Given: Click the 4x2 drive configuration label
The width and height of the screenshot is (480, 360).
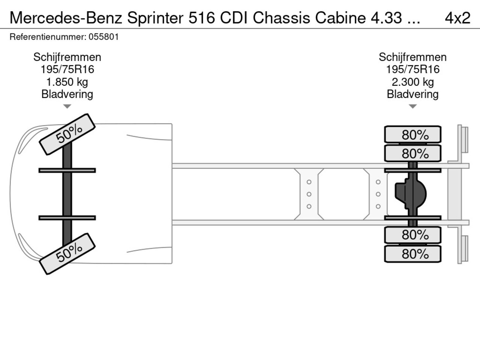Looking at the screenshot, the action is point(457,18).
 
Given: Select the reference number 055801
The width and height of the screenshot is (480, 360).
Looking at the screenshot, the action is point(103,37).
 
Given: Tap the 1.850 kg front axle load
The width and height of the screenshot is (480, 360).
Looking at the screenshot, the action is point(67,82).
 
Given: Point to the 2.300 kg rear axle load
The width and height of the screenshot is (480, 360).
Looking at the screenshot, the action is point(412,82).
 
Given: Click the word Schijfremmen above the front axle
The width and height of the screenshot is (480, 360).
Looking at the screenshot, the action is point(67,57).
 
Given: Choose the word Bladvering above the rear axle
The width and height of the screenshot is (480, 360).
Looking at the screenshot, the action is point(412,94).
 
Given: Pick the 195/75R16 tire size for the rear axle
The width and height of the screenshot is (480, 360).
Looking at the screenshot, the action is point(412,69).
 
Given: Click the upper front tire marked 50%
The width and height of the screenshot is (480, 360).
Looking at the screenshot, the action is point(67,134).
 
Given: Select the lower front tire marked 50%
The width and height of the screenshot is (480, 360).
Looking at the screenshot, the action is point(67,254).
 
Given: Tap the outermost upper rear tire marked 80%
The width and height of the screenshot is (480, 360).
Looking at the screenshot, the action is point(412,134).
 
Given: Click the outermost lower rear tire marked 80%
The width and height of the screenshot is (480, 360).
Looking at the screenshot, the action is point(412,254).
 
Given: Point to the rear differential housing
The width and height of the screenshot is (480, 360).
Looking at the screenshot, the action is point(410,194).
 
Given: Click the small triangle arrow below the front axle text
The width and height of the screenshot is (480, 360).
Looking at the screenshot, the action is point(67,106).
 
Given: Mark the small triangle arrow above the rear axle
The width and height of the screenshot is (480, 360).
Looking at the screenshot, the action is point(412,106).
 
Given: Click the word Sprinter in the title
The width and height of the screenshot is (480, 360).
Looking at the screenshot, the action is point(155,18).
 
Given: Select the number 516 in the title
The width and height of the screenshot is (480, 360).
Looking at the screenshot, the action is point(202,18).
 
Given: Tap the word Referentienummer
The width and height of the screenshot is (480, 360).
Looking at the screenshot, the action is point(48,37).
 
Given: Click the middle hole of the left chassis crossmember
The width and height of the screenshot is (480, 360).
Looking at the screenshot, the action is point(309,194).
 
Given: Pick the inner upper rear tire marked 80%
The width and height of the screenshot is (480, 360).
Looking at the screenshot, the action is point(412,153).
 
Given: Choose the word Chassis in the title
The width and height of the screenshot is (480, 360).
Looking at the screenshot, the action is point(282,18).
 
